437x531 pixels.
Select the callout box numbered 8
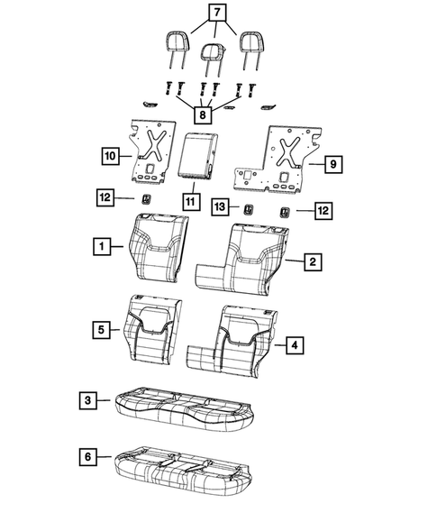[x=205, y=114]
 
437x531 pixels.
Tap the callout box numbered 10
[x=108, y=156]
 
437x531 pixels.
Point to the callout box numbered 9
[x=332, y=163]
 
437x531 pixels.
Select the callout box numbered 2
[x=312, y=261]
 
